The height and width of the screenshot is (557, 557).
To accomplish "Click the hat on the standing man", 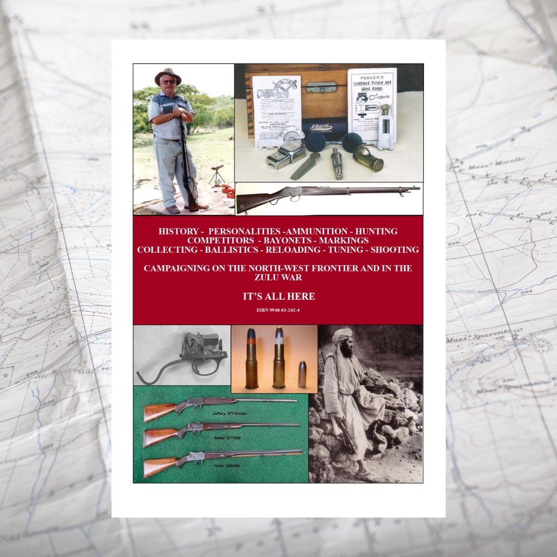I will pyautogui.click(x=168, y=75).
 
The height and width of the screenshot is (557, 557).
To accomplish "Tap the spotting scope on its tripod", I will pyautogui.click(x=217, y=168).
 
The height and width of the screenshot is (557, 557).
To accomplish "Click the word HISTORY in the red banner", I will pyautogui.click(x=178, y=231).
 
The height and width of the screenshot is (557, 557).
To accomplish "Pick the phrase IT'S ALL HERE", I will pyautogui.click(x=278, y=296).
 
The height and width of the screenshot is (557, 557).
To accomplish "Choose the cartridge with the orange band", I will pyautogui.click(x=252, y=359).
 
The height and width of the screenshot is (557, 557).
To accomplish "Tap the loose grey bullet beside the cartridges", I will pyautogui.click(x=302, y=374).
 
